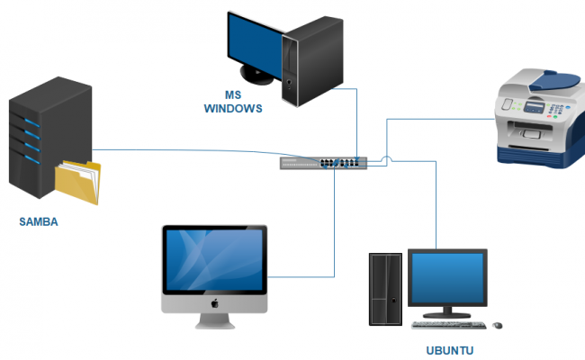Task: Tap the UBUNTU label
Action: tap(449, 350)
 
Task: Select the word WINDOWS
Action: tap(232, 109)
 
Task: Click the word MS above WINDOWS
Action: tap(233, 94)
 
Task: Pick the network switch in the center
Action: tap(323, 163)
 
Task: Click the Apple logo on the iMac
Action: tap(215, 303)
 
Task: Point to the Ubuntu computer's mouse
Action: tap(498, 324)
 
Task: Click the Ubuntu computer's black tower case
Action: tap(385, 288)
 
